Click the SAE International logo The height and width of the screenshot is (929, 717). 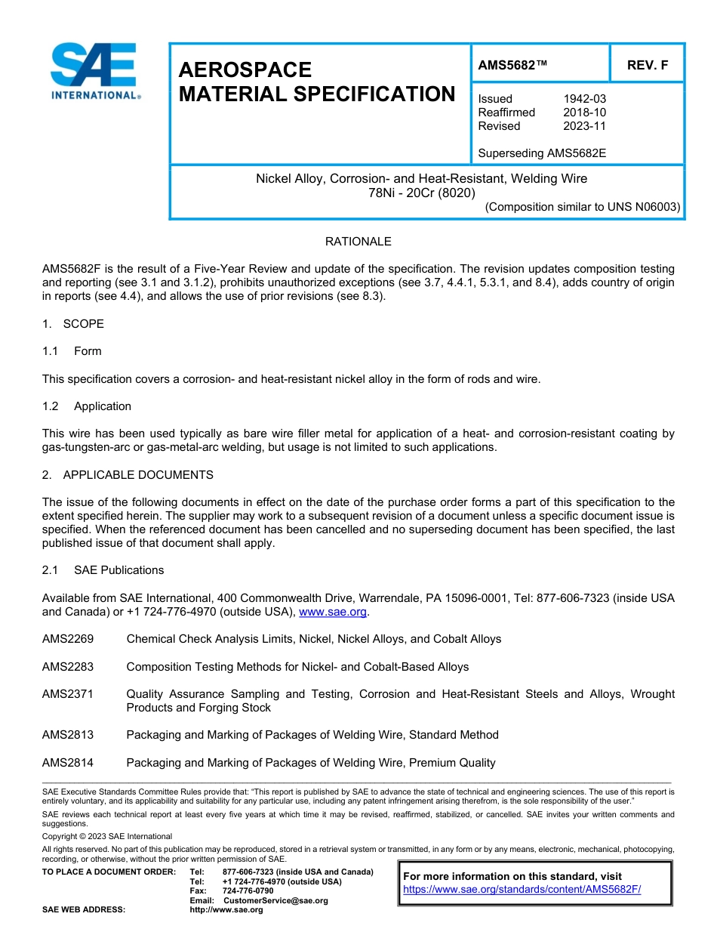coord(94,71)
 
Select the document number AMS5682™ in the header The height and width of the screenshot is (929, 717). coord(512,65)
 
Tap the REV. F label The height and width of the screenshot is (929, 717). coord(647,65)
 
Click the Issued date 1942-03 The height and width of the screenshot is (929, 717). coord(584,99)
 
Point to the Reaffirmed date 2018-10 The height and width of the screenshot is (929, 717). coord(584,113)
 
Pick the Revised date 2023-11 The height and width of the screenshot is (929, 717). coord(584,126)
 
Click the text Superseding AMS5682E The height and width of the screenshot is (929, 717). coord(542,153)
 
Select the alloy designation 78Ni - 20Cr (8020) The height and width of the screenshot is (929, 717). coord(421,193)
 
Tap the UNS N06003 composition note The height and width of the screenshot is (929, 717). coord(582,207)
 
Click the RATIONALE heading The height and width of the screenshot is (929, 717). coord(358,242)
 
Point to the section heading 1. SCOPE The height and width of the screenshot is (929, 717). coord(73,324)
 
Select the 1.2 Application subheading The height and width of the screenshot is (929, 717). coord(87,406)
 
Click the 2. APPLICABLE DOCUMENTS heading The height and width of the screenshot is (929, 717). coord(128,475)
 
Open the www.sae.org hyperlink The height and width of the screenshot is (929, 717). coord(334,613)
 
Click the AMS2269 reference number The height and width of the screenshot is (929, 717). coord(68,639)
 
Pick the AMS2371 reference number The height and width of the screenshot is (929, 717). coord(68,694)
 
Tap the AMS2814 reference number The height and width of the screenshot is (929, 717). coord(68,763)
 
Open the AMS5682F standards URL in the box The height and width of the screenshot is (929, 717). coord(522,890)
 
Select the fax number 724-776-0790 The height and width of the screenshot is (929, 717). coord(248,891)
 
